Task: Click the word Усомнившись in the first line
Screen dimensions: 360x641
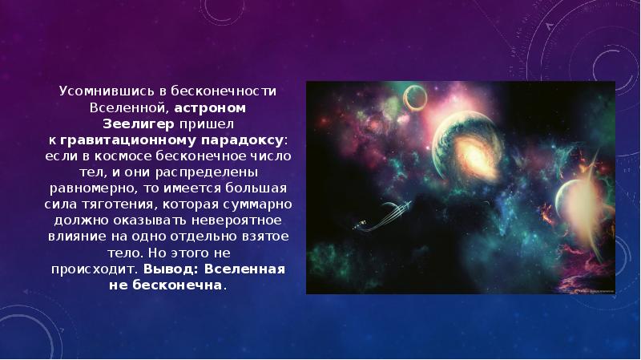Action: coord(95,91)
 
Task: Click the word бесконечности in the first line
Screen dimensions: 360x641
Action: coord(229,91)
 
